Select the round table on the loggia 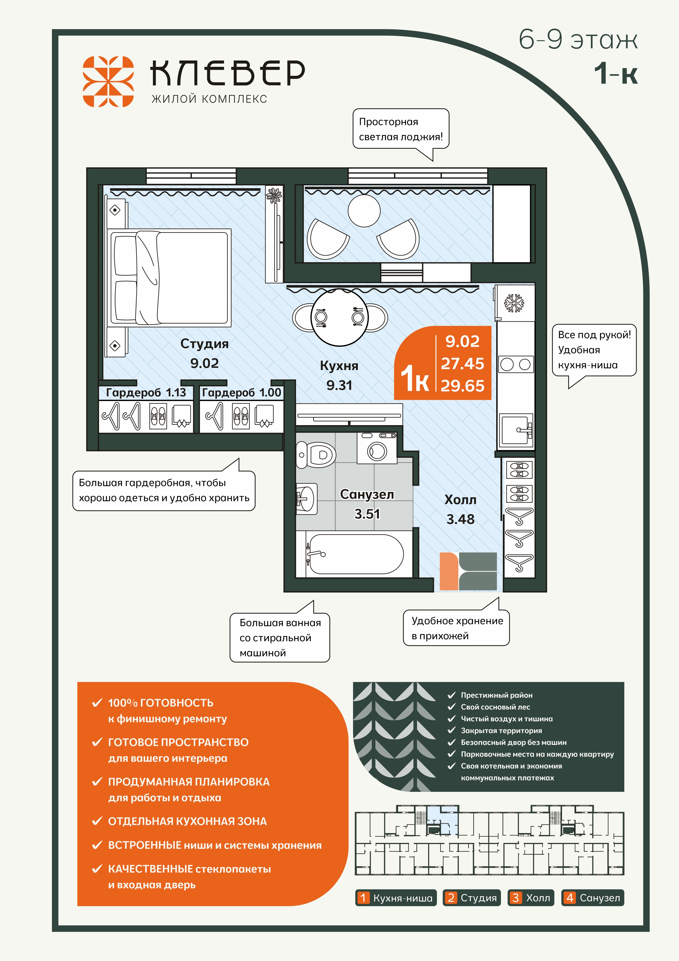coord(364,211)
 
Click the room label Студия coord(204,344)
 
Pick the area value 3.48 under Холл coord(460,519)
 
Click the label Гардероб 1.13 coord(146,393)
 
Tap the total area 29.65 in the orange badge coord(462,385)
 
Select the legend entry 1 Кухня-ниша coord(396,897)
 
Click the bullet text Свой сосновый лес coord(495,707)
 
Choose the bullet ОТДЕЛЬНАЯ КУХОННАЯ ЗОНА coord(187,821)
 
